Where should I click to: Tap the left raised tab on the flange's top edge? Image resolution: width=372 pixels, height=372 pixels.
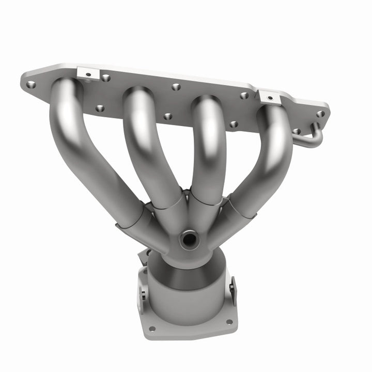coord(88,74)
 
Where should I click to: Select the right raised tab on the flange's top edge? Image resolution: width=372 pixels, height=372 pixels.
coord(268,96)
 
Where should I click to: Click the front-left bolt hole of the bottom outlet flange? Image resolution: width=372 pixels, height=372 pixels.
coord(152,328)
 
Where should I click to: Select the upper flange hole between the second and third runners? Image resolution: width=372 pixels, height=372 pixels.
coord(176,87)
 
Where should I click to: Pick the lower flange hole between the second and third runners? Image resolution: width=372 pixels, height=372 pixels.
coord(167,116)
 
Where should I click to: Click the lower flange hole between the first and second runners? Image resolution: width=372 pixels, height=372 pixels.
coord(100,109)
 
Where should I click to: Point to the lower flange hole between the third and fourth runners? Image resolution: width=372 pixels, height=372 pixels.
coord(234,124)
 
